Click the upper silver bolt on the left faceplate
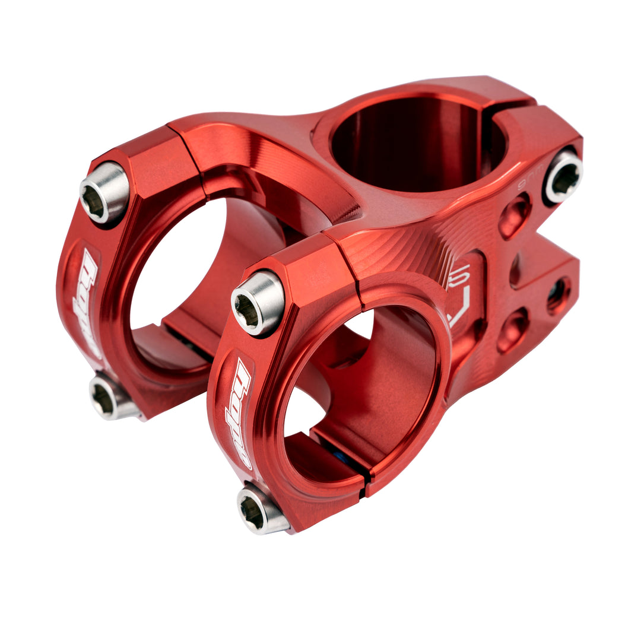104,192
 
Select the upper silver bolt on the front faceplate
257,302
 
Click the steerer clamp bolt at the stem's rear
563,176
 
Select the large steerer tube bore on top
410,142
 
